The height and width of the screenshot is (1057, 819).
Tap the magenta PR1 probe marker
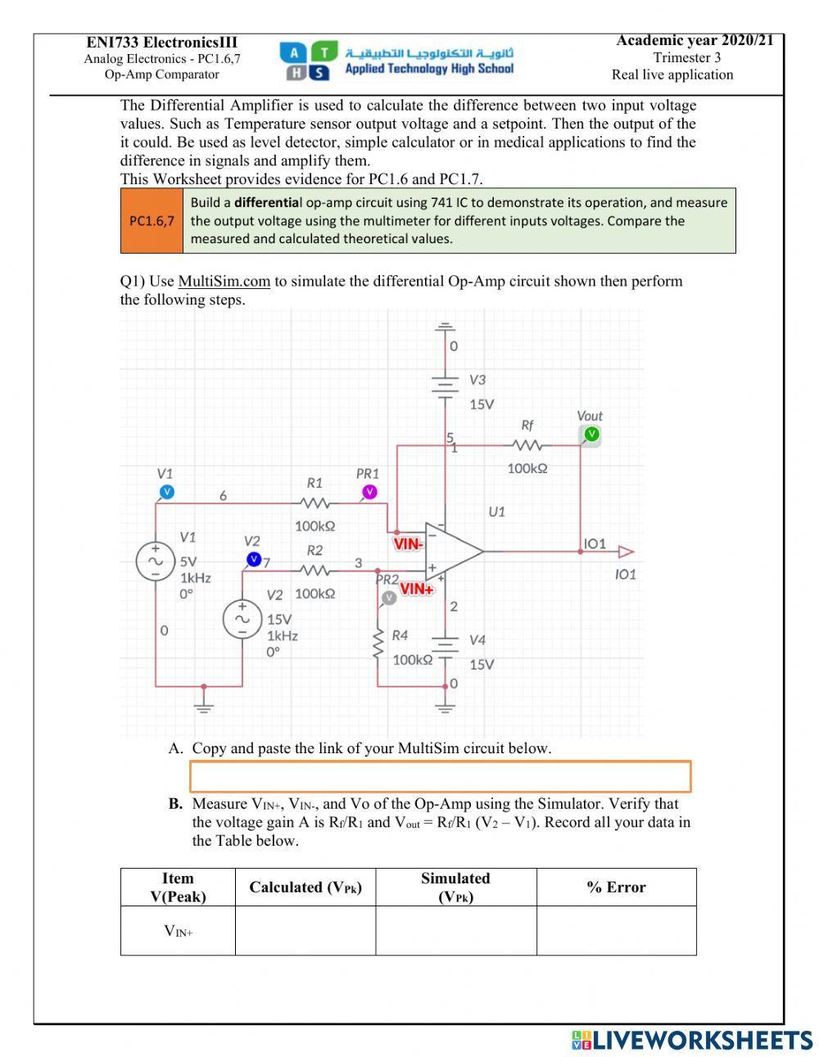[x=369, y=491]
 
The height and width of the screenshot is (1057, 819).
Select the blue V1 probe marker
[x=166, y=491]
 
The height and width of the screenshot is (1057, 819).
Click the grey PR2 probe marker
[x=389, y=598]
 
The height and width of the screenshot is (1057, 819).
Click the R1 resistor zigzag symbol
[x=314, y=504]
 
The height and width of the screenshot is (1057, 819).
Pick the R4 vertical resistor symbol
[x=378, y=644]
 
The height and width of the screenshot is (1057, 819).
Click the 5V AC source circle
[x=155, y=562]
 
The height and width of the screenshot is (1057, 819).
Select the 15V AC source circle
[x=242, y=620]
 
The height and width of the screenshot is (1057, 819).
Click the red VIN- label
[x=408, y=543]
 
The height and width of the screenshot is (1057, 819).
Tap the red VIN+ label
[x=416, y=589]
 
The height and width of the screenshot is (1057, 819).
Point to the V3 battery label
[x=477, y=380]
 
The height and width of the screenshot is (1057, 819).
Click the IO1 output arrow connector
[x=626, y=551]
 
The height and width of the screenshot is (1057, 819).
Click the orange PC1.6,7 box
[x=152, y=221]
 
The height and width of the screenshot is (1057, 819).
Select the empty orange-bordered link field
[x=440, y=776]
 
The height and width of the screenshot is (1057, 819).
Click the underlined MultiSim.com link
[x=224, y=282]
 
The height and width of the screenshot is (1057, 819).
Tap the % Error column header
[x=616, y=887]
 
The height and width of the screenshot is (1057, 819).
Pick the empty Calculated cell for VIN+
[x=305, y=930]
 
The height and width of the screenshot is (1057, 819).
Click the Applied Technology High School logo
[x=396, y=61]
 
